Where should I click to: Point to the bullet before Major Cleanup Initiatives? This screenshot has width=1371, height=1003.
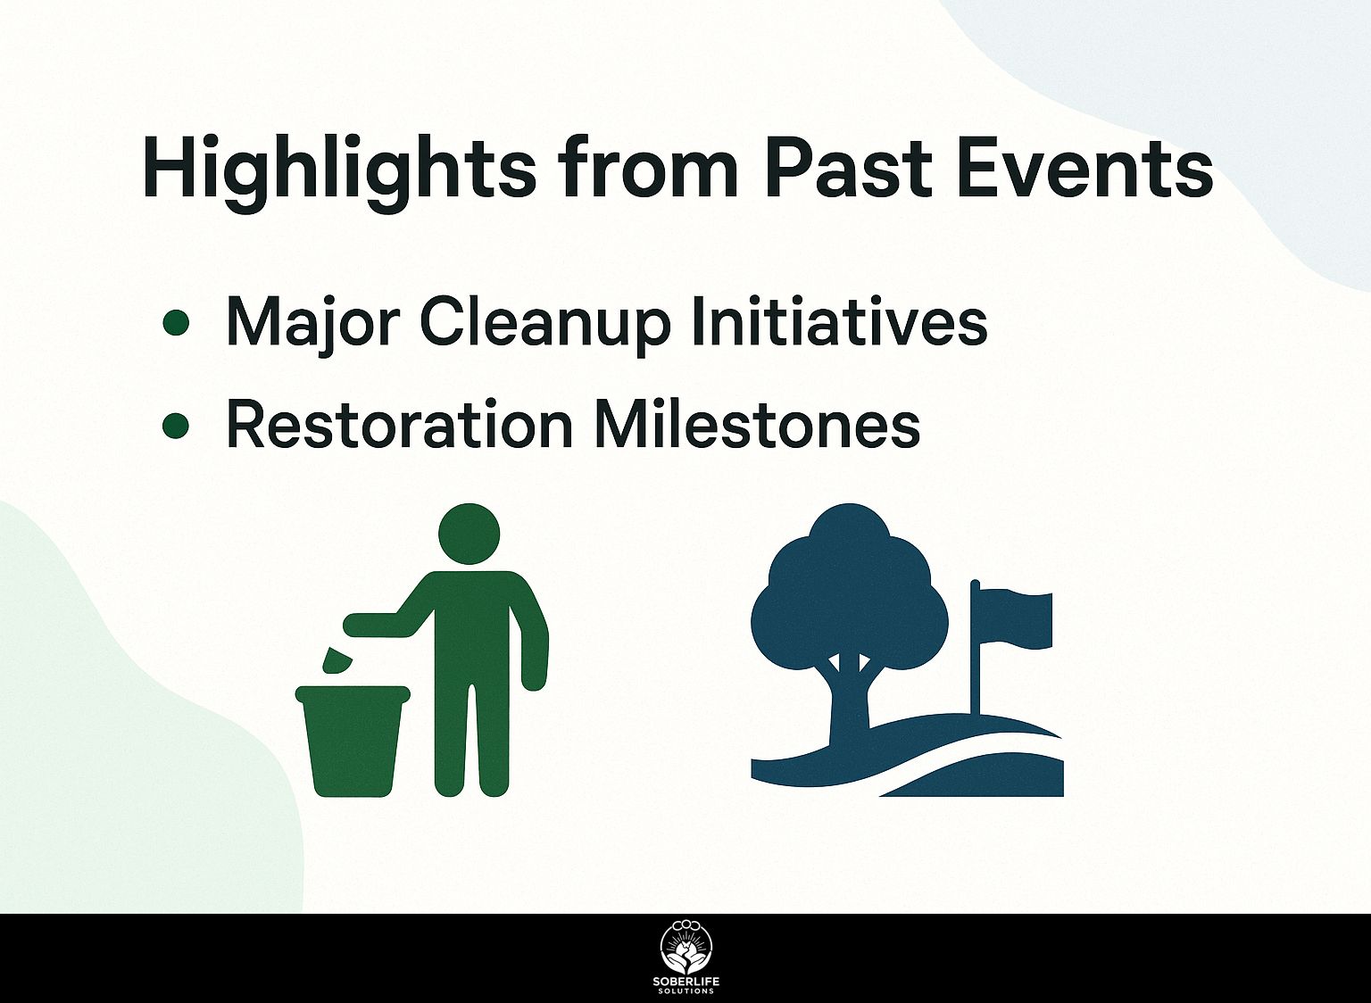pyautogui.click(x=176, y=322)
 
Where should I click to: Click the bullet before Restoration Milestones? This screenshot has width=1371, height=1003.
pyautogui.click(x=176, y=426)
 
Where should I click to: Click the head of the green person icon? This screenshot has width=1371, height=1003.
pyautogui.click(x=469, y=534)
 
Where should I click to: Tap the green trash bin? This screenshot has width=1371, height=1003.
pyautogui.click(x=353, y=741)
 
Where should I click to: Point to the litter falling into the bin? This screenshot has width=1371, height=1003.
pyautogui.click(x=336, y=659)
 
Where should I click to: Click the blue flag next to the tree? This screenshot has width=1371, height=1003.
pyautogui.click(x=1011, y=619)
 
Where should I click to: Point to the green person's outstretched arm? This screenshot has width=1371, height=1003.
pyautogui.click(x=386, y=622)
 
